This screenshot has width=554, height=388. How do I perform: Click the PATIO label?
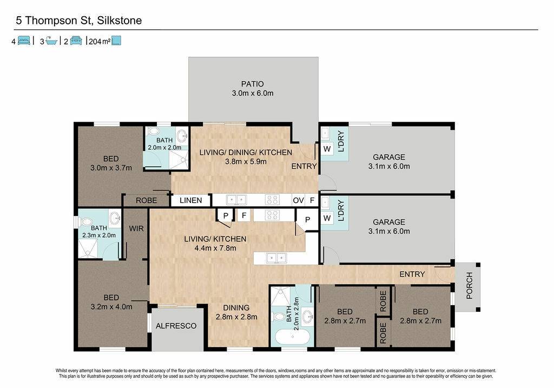click(x=252, y=84)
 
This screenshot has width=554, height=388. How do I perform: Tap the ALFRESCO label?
click(x=176, y=326)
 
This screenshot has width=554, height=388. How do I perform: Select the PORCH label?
click(x=469, y=286)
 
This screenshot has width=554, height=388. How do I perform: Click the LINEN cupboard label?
click(x=191, y=200)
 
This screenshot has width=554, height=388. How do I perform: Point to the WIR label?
click(x=136, y=228)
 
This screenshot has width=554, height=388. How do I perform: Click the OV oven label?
click(x=298, y=200)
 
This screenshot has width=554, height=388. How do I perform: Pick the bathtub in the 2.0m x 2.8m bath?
click(x=292, y=337)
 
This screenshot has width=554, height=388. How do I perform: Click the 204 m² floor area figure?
click(x=100, y=42)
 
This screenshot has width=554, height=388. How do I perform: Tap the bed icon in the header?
click(x=24, y=41)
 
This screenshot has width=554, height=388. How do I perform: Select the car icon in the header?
click(x=76, y=41)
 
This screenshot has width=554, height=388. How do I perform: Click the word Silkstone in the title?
click(x=120, y=21)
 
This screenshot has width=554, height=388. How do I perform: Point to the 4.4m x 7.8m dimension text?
click(x=215, y=248)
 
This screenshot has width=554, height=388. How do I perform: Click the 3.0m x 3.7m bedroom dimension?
click(x=111, y=168)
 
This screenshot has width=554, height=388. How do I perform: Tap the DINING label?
click(x=236, y=308)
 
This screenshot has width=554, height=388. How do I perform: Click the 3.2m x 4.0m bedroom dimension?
click(x=111, y=307)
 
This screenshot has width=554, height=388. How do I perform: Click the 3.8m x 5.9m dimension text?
click(x=246, y=161)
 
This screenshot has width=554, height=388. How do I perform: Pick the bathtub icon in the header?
click(x=51, y=41)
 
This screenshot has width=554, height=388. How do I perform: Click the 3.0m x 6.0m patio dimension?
click(x=253, y=93)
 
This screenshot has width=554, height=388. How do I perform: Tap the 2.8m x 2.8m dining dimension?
click(x=236, y=317)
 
